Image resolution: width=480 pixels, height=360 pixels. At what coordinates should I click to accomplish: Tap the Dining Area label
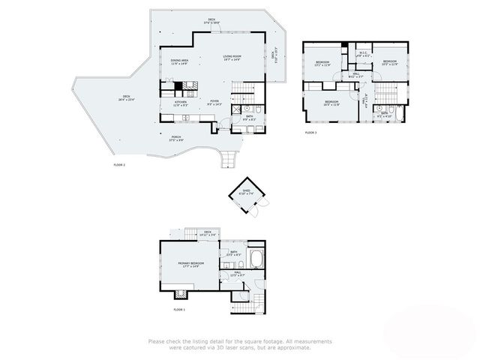tap(178, 63)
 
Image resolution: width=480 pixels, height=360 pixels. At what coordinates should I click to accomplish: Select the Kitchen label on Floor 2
tap(181, 103)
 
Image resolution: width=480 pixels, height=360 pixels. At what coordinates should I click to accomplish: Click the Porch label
tap(175, 137)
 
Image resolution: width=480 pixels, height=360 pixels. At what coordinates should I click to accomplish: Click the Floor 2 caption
tap(118, 164)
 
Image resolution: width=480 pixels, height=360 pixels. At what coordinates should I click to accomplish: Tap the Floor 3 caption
tap(310, 133)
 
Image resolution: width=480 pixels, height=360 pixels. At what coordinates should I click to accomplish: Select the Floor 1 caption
tap(179, 309)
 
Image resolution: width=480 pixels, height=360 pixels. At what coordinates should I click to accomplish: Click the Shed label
tap(245, 191)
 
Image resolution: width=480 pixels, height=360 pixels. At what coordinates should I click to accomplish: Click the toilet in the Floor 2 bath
tap(256, 109)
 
